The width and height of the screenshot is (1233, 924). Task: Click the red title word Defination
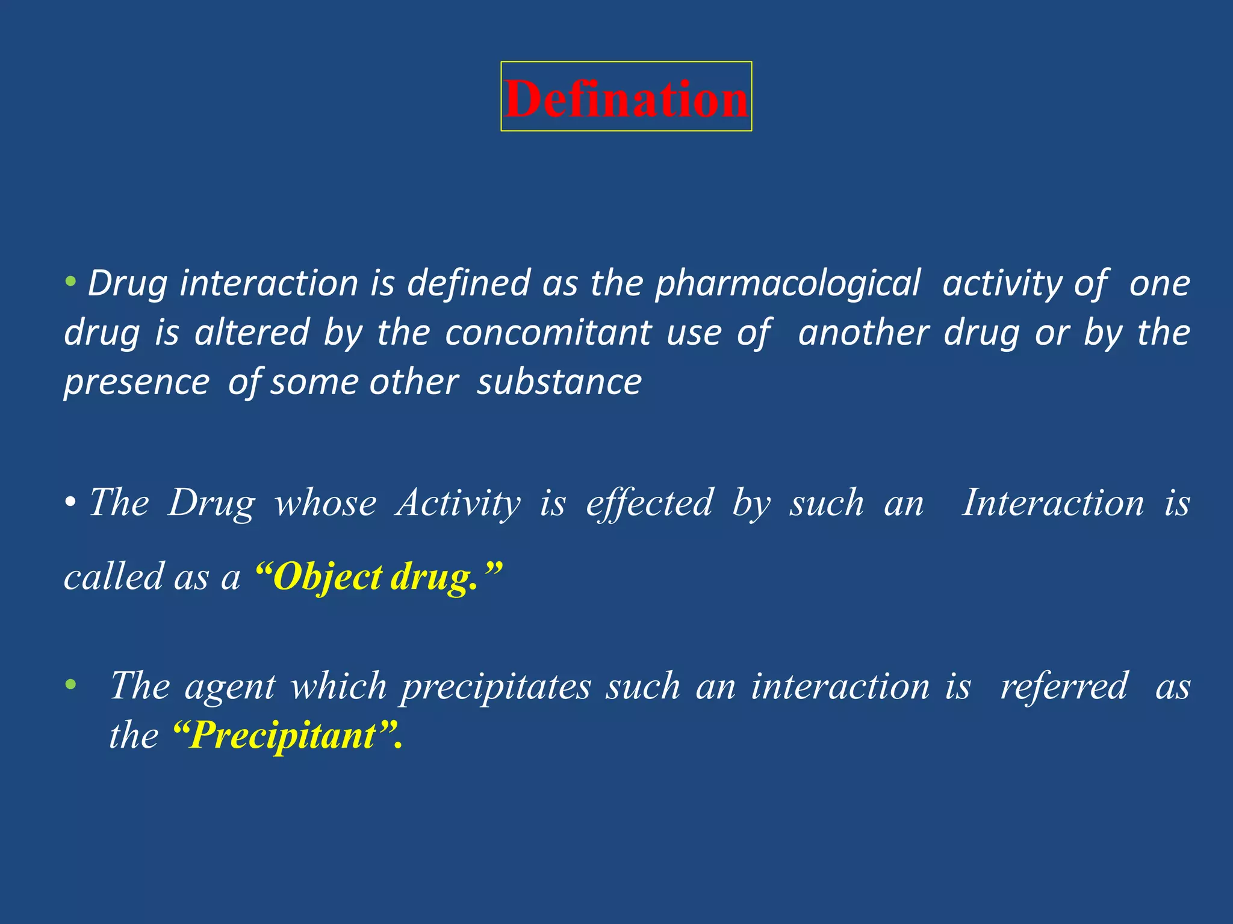click(x=626, y=98)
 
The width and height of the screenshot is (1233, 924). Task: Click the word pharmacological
click(x=788, y=283)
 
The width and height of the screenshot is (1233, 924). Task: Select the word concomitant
click(x=548, y=333)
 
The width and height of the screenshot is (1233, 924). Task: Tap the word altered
click(x=252, y=333)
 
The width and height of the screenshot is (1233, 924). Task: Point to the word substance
click(x=559, y=382)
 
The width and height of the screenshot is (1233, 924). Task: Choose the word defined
click(x=469, y=283)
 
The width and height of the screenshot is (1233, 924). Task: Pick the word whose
click(x=326, y=503)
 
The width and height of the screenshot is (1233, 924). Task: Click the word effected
click(x=650, y=503)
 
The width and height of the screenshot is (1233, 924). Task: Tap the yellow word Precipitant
click(x=283, y=735)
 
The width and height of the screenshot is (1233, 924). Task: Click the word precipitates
click(x=496, y=686)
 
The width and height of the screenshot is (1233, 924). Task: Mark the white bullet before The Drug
click(x=71, y=502)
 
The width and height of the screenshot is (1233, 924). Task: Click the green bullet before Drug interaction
click(x=71, y=281)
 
